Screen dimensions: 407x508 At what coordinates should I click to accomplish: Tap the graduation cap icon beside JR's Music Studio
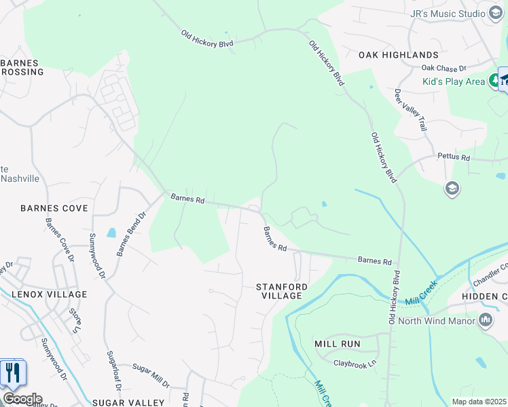click(496, 14)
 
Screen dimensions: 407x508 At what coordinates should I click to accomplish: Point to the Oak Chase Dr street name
click(443, 68)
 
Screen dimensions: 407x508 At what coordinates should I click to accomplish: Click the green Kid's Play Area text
click(454, 81)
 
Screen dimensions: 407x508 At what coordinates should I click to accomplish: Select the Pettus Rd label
click(456, 157)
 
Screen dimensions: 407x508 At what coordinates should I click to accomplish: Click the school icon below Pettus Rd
click(452, 188)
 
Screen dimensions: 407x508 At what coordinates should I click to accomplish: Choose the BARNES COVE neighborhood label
click(54, 208)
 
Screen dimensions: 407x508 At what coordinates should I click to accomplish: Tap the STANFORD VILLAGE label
click(281, 291)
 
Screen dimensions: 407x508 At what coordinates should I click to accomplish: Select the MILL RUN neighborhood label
click(337, 344)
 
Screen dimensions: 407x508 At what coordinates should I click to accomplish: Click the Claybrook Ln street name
click(355, 364)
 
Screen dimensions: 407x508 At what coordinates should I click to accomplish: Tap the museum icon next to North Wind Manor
click(486, 320)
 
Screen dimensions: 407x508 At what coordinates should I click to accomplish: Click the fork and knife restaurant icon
click(12, 373)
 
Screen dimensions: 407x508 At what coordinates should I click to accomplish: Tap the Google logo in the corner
click(22, 399)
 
